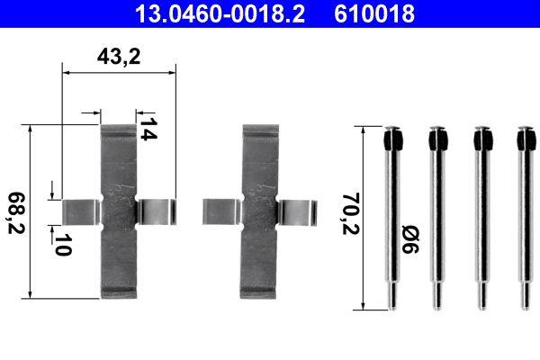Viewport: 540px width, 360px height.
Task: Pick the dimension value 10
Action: click(61, 244)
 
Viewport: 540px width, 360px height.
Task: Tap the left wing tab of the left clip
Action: click(81, 209)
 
